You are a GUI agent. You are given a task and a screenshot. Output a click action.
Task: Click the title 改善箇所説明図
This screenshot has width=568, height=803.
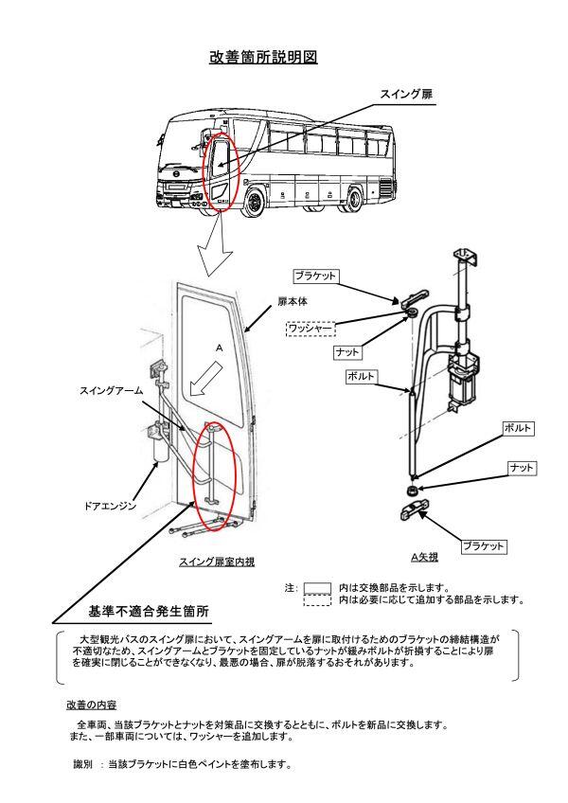[x=263, y=58]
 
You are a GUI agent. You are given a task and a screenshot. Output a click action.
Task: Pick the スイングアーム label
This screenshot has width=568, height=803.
[x=110, y=389]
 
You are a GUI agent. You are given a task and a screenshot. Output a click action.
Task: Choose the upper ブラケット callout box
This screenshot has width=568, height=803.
[x=315, y=276]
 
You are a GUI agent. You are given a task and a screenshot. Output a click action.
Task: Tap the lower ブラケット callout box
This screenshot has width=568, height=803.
[x=484, y=546]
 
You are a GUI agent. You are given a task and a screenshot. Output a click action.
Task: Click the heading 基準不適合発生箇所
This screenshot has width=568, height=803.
[x=149, y=611]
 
